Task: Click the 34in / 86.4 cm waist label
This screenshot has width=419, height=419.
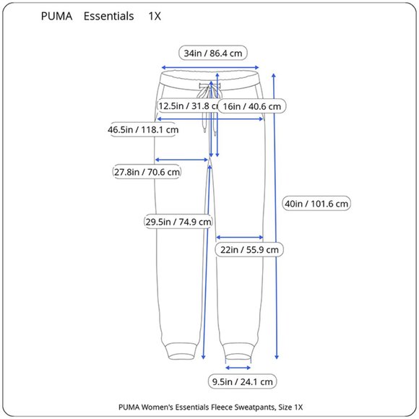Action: [x=212, y=53]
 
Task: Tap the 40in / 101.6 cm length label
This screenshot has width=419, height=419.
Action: [x=316, y=204]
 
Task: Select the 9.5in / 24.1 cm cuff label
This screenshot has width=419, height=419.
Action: [x=242, y=381]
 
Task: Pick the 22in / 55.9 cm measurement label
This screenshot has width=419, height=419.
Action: [x=249, y=249]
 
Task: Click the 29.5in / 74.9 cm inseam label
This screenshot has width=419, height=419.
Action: [x=178, y=222]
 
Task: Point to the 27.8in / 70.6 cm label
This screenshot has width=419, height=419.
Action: [x=147, y=171]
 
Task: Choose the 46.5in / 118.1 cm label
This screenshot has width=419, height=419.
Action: [x=143, y=129]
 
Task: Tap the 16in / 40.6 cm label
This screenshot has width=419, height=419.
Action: [x=251, y=106]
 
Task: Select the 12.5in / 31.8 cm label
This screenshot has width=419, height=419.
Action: [x=188, y=105]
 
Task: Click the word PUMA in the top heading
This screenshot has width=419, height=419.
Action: [x=56, y=16]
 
